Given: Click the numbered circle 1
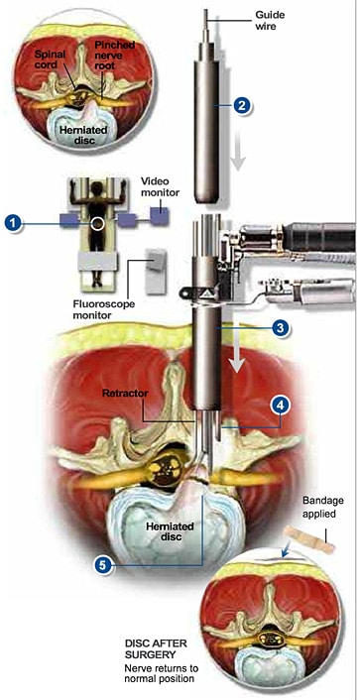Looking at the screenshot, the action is pos(14,223).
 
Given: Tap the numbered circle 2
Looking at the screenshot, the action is pos(242,106).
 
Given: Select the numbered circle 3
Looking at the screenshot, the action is pos(280,328).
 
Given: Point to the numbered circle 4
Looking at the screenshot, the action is pos(280,406).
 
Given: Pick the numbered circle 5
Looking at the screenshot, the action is pos(103,565).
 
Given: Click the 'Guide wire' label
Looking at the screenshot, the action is pos(270,20).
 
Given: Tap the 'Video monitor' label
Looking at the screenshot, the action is pos(161,186).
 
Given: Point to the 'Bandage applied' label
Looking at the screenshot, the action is pos(319,507).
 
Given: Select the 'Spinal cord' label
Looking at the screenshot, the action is pos(50,59).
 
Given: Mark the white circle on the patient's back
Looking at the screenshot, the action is pos(97,223).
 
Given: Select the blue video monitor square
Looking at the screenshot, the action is pos(160,216).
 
